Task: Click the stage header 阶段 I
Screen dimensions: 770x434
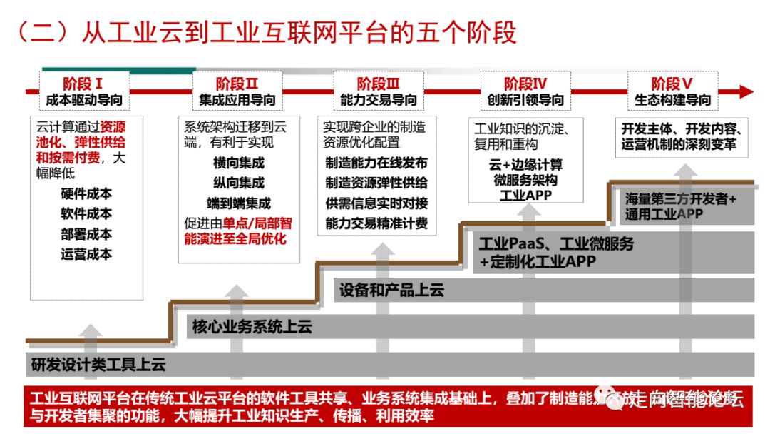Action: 83,84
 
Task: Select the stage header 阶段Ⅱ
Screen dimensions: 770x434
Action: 236,84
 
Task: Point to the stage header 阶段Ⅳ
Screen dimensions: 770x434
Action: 525,84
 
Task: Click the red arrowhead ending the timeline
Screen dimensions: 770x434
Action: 746,91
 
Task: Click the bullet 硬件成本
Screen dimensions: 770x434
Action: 86,193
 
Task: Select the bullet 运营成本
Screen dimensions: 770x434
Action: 86,253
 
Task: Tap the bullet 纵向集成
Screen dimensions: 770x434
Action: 238,183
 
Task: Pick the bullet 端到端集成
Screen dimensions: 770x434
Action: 238,203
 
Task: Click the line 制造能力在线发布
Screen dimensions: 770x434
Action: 376,163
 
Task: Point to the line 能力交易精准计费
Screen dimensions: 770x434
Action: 376,223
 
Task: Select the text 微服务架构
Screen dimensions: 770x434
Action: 526,181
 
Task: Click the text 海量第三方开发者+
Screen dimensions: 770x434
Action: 680,199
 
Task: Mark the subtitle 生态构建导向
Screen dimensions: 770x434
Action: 672,101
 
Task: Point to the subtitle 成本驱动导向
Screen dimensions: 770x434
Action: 83,101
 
